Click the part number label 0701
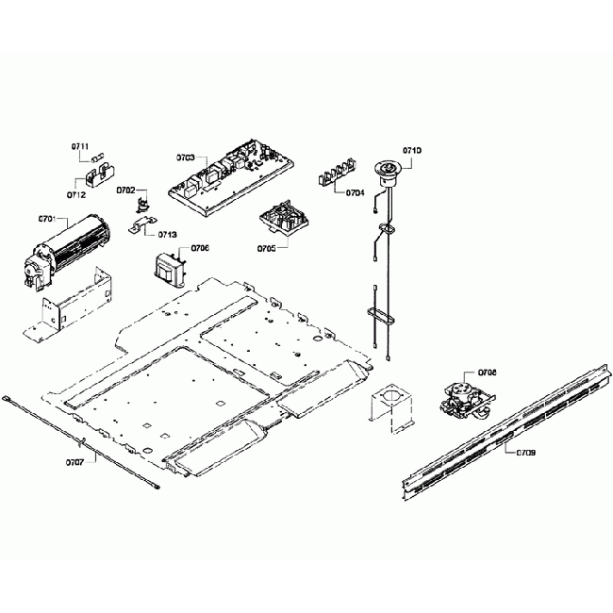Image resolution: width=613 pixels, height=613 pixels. point(46,219)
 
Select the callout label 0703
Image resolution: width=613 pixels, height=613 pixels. point(185,157)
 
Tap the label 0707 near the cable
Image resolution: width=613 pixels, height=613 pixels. point(74,462)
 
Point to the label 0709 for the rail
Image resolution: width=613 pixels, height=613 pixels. point(526,453)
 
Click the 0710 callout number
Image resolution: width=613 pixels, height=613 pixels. point(412,151)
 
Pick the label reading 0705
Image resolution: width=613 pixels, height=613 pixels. point(266,249)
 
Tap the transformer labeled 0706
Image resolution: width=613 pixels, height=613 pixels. point(170,267)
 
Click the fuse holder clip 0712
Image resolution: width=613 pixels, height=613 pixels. point(95,176)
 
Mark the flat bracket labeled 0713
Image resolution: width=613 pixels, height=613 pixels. point(142,226)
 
